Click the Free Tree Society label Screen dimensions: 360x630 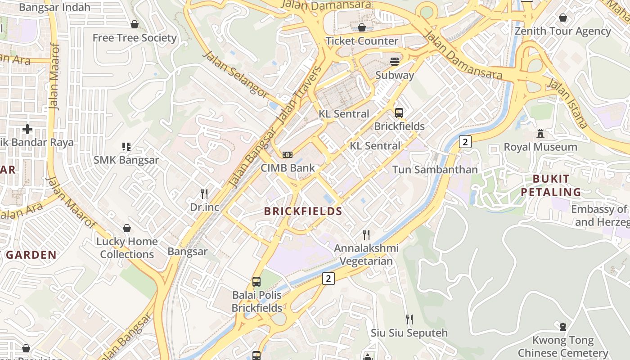coord(134,38)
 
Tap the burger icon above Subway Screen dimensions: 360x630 coord(395,62)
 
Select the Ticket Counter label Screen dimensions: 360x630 coord(362,41)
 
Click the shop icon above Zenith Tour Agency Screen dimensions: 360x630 coord(562,18)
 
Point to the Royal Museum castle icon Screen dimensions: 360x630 coord(540,134)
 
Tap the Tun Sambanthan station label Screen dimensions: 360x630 coord(435,170)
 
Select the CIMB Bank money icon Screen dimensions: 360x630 coord(287,155)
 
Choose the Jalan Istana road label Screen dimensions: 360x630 coord(567,103)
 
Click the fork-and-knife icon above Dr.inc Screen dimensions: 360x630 coord(204,194)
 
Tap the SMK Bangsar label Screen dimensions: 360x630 coord(126,160)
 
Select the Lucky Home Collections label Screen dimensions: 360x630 coord(127,248)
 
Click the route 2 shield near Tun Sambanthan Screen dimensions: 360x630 coord(465,142)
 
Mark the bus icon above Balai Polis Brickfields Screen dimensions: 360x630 coord(256,282)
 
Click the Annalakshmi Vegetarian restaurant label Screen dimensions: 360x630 coord(366,255)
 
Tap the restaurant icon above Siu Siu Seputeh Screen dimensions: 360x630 coord(409,319)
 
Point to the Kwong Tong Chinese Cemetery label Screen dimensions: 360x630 coord(562,346)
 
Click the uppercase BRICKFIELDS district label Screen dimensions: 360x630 coord(303,211)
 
